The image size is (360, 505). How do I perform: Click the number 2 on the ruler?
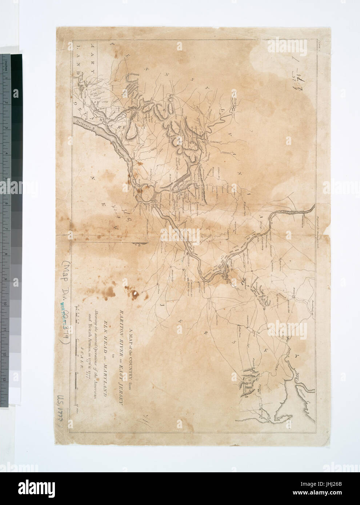(x=6, y=103)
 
